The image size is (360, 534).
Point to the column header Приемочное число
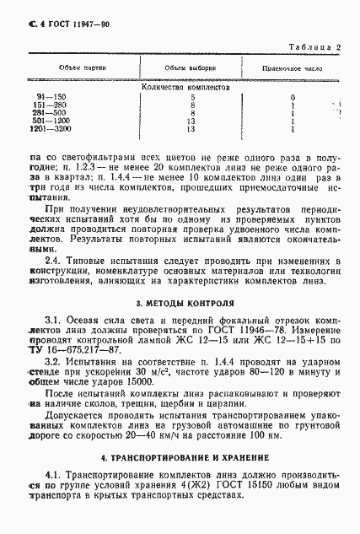(x=290, y=67)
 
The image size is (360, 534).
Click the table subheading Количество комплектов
(x=181, y=85)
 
